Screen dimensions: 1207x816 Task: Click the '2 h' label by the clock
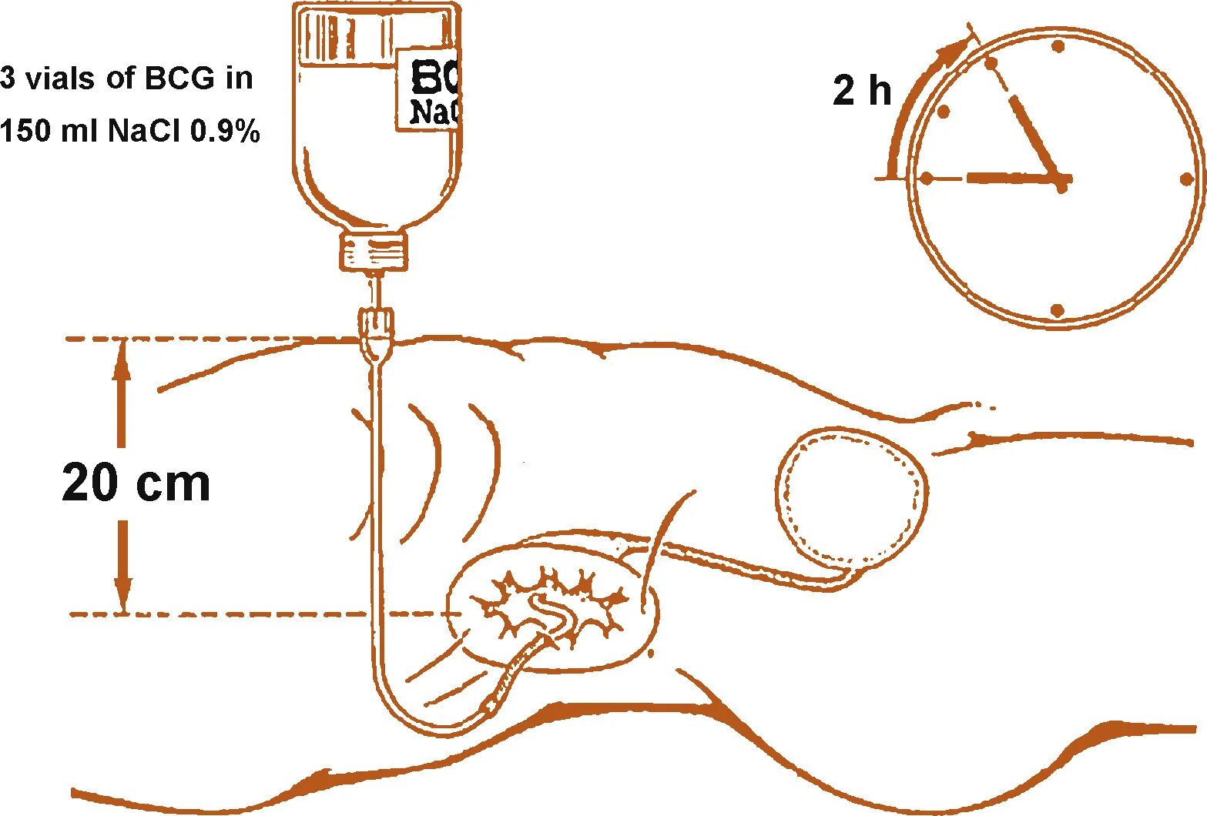[x=861, y=90]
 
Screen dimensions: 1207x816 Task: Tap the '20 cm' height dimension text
[x=136, y=483]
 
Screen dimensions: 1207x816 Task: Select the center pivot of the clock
[x=1062, y=182]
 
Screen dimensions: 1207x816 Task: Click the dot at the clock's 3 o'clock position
[x=1185, y=179]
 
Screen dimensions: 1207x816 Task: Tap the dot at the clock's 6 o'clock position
[x=1058, y=310]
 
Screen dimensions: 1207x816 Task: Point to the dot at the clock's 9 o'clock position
[x=927, y=179]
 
